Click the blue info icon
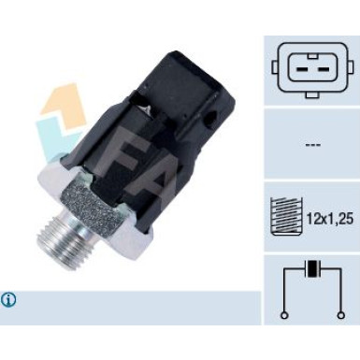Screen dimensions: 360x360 9,300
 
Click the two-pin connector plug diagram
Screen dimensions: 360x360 310,66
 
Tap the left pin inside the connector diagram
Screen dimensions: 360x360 301,66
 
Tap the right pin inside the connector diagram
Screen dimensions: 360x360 319,66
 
